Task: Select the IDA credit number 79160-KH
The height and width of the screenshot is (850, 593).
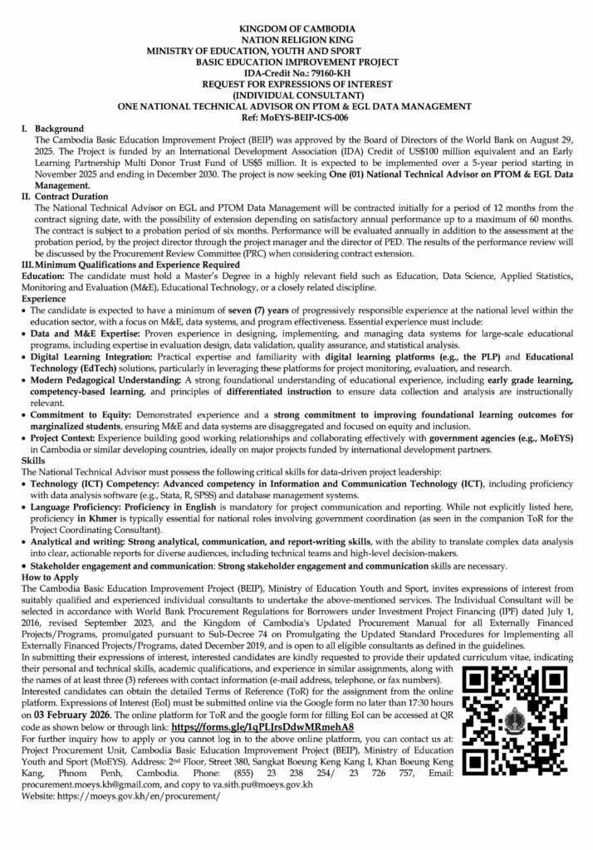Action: click(322, 73)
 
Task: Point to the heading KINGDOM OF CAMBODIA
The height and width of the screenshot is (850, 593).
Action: click(296, 29)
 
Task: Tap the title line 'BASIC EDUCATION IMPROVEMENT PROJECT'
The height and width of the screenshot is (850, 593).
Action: click(296, 62)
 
